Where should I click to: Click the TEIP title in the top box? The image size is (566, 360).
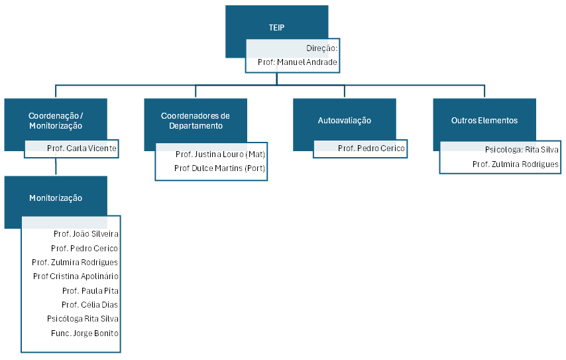(x=276, y=28)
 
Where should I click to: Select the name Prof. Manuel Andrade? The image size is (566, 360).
(x=298, y=63)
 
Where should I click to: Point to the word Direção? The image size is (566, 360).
(x=321, y=48)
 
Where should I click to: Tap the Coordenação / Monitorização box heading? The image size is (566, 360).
(x=56, y=120)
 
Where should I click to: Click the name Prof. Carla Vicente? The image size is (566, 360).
(x=82, y=149)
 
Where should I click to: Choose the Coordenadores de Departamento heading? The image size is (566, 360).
(x=195, y=120)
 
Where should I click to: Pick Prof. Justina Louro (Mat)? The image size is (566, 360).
(x=220, y=154)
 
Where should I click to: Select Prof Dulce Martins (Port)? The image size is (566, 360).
(x=219, y=168)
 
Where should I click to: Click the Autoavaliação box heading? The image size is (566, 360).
(x=344, y=121)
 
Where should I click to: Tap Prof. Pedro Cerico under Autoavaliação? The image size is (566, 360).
(x=370, y=149)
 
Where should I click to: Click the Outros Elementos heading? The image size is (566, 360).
(x=484, y=121)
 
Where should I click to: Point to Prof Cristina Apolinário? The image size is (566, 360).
(x=76, y=276)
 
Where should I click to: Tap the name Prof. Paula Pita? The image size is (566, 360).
(x=90, y=290)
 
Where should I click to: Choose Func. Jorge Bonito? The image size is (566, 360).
(x=85, y=333)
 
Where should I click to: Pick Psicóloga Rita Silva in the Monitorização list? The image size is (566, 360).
(x=83, y=319)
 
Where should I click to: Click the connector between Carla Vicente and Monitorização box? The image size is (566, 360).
(x=56, y=166)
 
